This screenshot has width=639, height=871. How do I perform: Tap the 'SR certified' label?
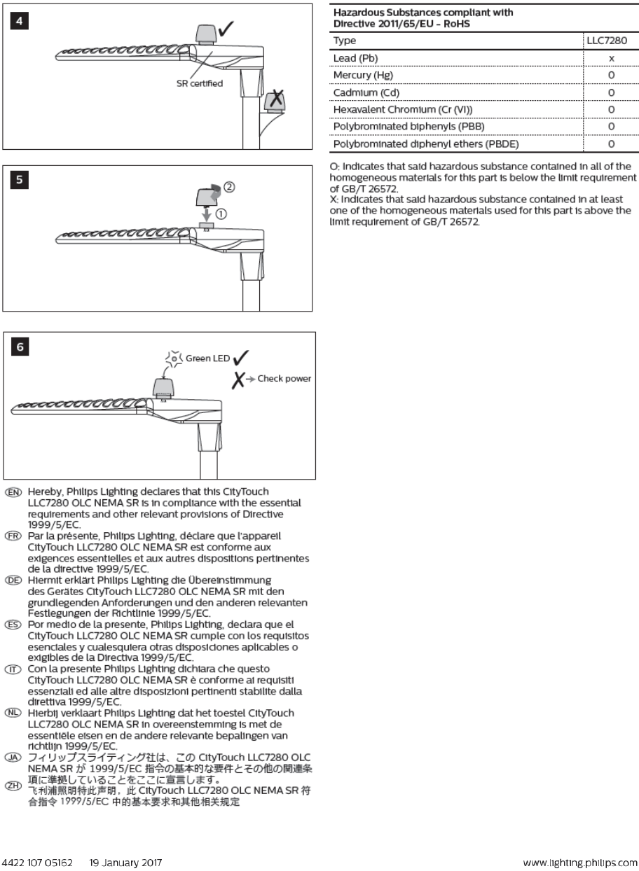click(x=200, y=84)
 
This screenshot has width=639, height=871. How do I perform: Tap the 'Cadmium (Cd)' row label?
click(x=364, y=92)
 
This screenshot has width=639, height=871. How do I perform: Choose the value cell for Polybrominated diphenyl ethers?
click(x=611, y=144)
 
